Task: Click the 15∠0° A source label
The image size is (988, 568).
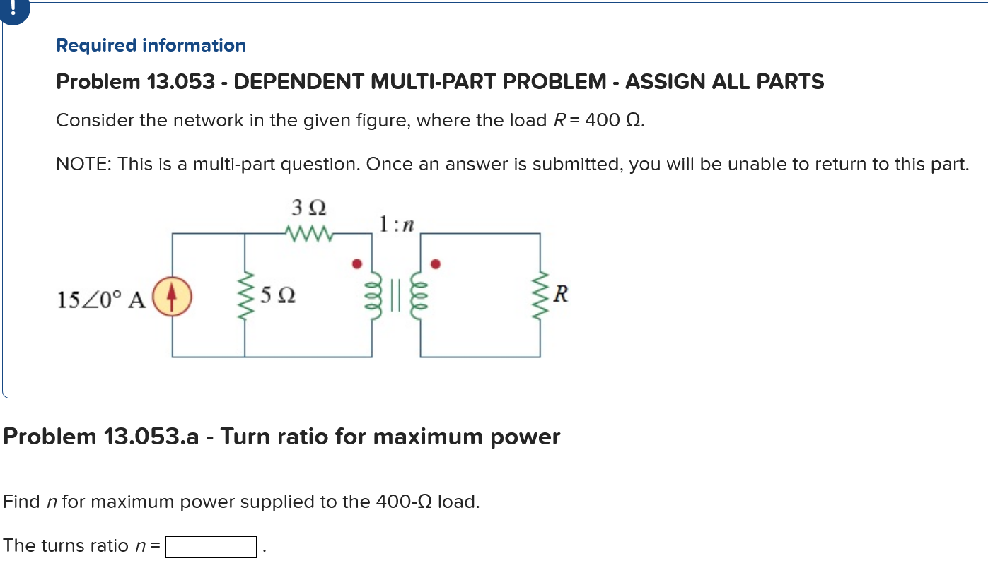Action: click(x=101, y=300)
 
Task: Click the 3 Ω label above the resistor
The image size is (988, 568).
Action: click(x=308, y=208)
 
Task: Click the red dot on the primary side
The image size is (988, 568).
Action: click(x=357, y=264)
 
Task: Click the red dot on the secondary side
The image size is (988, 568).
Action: click(x=436, y=265)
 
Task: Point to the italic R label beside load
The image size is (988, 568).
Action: click(x=561, y=293)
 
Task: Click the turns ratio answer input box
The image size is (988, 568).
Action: click(x=211, y=547)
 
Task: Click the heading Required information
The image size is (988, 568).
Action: click(x=151, y=46)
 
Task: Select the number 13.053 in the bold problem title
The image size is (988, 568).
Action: click(x=180, y=83)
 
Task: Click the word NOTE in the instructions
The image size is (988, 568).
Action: click(x=83, y=165)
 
